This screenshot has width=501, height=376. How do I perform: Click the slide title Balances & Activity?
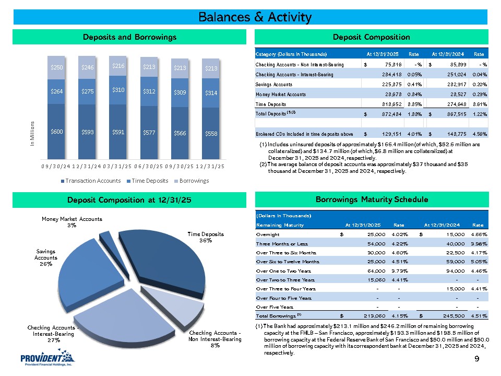[x=255, y=17]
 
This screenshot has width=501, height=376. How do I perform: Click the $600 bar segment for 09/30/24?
[x=57, y=132]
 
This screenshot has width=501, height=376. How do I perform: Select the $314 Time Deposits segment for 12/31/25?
[x=211, y=93]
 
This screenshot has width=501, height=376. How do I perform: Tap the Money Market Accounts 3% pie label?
[x=73, y=222]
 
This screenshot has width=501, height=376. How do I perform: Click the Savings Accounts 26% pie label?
[x=46, y=257]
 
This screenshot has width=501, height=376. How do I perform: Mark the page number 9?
[x=477, y=359]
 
